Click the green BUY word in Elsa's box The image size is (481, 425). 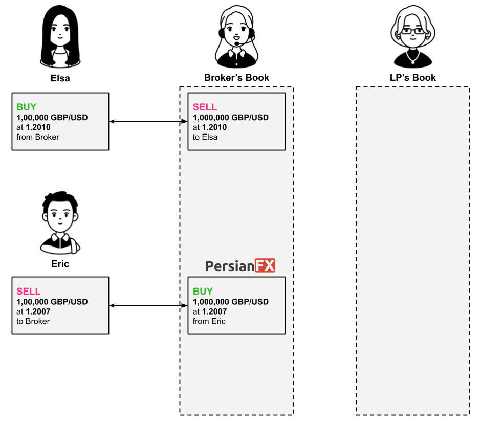point(27,107)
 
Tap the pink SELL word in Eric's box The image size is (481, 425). point(29,292)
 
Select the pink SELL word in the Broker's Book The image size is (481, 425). point(205,107)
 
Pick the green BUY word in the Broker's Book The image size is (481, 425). point(203,292)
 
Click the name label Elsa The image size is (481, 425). point(60,78)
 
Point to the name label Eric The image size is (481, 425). point(60,264)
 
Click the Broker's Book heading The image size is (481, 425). point(236,78)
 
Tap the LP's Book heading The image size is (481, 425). point(413,78)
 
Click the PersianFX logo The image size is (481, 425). point(240,266)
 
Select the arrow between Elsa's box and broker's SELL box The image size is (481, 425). point(148,121)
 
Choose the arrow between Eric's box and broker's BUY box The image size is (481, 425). point(148,305)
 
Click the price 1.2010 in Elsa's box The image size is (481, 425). point(38,127)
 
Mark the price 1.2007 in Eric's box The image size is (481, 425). point(38,311)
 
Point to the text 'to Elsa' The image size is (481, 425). point(205,137)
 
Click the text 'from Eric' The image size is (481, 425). point(209,321)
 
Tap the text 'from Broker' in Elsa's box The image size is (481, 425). point(38,137)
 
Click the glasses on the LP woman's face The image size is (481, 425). point(413,31)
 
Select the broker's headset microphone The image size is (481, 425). point(237,43)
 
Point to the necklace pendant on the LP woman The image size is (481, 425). point(413,62)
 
